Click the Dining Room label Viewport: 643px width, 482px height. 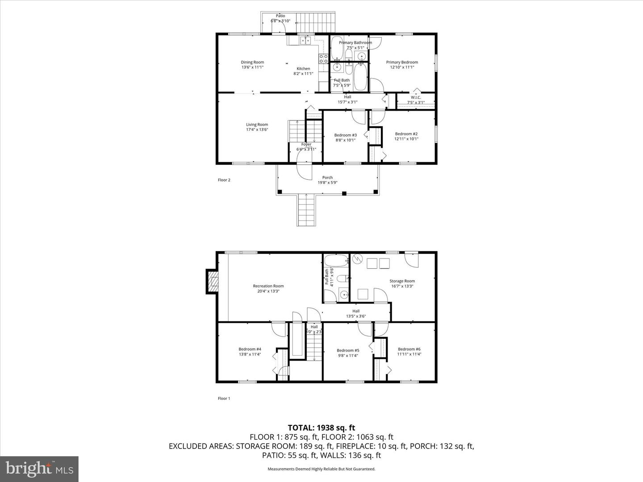click(x=252, y=65)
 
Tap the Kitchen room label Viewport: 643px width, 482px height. click(x=303, y=71)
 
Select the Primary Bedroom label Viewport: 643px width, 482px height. click(x=402, y=65)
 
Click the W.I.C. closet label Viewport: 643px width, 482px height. click(x=416, y=100)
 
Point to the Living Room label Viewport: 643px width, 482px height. click(x=257, y=127)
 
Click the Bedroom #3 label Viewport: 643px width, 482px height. click(x=345, y=137)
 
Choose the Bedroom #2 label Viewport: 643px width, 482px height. click(x=406, y=136)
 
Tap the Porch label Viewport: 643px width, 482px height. click(x=327, y=180)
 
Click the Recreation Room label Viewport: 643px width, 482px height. click(x=268, y=288)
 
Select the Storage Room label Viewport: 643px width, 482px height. click(x=402, y=283)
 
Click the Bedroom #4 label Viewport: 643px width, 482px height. click(x=250, y=352)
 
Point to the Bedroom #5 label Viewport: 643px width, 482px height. click(x=348, y=353)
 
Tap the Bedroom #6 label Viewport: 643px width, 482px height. click(x=409, y=352)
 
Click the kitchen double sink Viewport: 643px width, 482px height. click(x=305, y=41)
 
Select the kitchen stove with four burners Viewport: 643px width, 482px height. click(x=323, y=58)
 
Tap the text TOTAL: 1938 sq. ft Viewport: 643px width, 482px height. click(x=321, y=428)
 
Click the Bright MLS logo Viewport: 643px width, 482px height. click(x=39, y=469)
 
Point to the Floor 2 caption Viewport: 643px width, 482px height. click(x=224, y=180)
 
